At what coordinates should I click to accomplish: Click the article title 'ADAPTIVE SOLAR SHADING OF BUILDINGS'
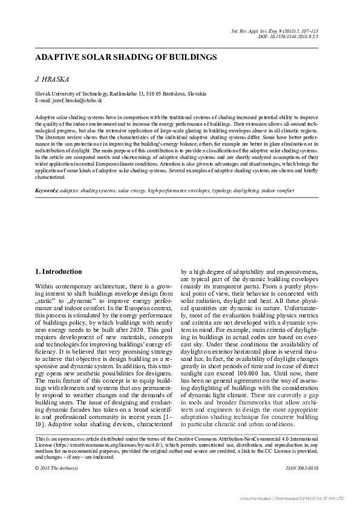point(126,57)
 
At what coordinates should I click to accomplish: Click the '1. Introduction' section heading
point(59,271)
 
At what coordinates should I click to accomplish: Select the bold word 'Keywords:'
point(47,190)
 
